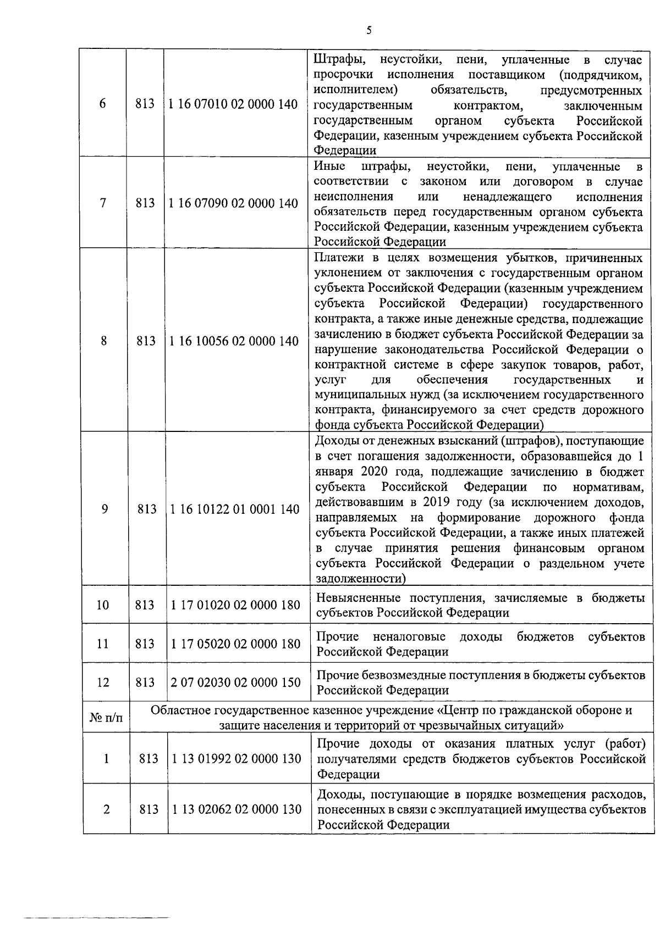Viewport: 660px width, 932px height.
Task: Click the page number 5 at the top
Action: pyautogui.click(x=369, y=31)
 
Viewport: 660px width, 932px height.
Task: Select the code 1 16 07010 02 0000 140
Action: pyautogui.click(x=234, y=104)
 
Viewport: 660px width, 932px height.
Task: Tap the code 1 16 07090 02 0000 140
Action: pyautogui.click(x=234, y=203)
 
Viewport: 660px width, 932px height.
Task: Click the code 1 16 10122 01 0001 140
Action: pyautogui.click(x=235, y=509)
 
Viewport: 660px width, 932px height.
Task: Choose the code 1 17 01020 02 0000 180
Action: pyautogui.click(x=235, y=605)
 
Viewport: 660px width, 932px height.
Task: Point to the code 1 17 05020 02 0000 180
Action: pyautogui.click(x=235, y=643)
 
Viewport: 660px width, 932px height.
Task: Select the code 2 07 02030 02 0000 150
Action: pyautogui.click(x=235, y=683)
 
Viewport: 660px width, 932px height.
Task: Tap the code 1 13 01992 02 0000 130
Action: pyautogui.click(x=237, y=758)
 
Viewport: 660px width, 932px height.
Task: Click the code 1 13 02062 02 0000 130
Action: pyautogui.click(x=237, y=809)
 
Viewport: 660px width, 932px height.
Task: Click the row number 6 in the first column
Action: pyautogui.click(x=103, y=104)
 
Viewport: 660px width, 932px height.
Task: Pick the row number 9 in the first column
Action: pyautogui.click(x=105, y=509)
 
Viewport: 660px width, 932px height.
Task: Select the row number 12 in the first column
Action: pyautogui.click(x=103, y=683)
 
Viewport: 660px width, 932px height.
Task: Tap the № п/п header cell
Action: pyautogui.click(x=106, y=718)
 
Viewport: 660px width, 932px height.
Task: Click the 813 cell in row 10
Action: pyautogui.click(x=145, y=605)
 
